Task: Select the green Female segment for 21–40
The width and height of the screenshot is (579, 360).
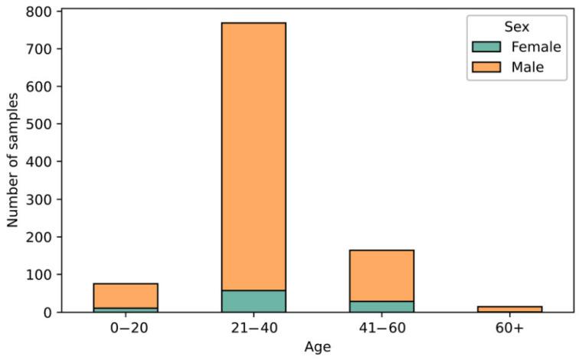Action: point(254,301)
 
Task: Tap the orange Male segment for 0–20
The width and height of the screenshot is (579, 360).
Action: point(126,296)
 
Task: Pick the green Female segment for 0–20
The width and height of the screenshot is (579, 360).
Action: point(126,309)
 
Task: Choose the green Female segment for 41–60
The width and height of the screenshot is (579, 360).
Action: point(381,306)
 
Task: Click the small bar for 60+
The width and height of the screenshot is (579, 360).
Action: point(509,309)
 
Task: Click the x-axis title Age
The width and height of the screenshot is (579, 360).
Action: point(317,347)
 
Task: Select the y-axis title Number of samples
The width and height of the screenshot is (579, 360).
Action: point(13,161)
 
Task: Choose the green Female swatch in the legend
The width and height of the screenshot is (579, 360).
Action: point(487,47)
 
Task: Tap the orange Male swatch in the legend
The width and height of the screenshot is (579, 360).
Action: point(487,67)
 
